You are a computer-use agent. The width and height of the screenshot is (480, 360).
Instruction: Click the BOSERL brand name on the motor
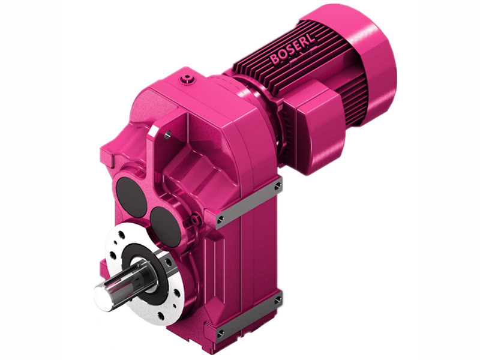tap(293, 49)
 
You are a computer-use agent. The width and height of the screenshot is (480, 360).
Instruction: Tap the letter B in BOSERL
tap(274, 59)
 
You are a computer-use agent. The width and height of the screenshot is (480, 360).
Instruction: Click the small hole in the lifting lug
tap(167, 134)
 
